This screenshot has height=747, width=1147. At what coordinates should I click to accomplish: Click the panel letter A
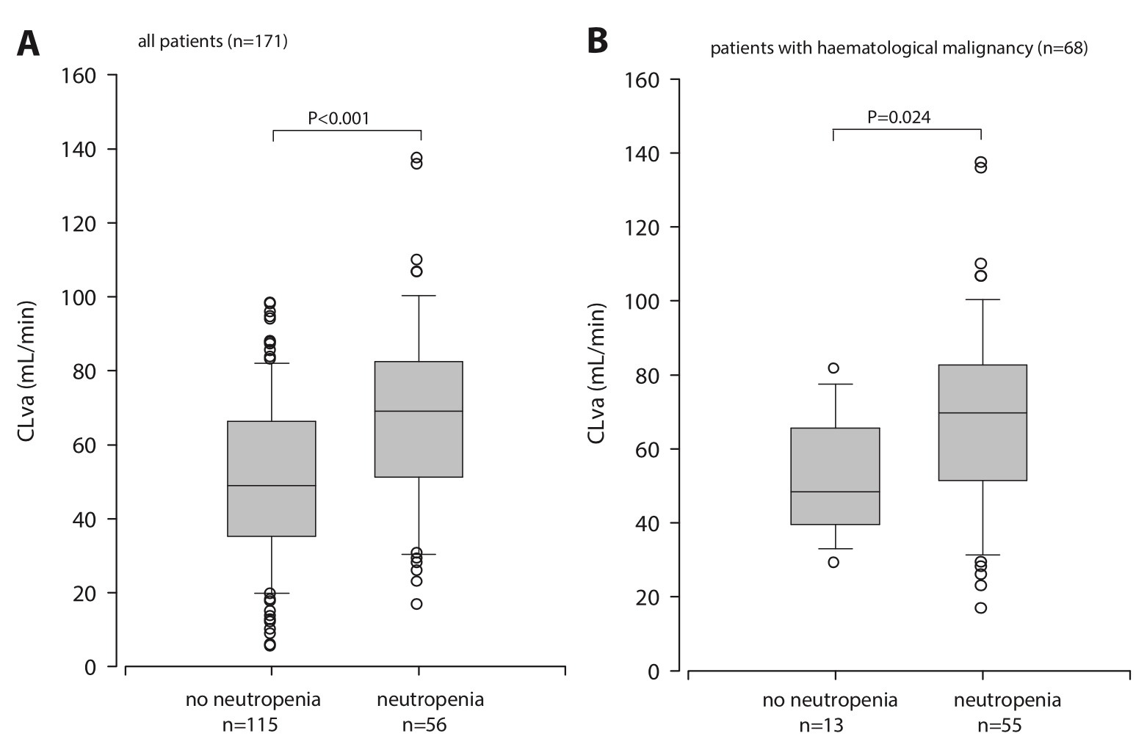tap(28, 44)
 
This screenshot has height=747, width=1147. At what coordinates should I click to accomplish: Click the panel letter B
tap(598, 41)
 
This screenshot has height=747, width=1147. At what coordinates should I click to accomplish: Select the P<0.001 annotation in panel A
tap(339, 117)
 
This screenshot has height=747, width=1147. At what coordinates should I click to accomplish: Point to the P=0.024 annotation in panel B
tap(900, 117)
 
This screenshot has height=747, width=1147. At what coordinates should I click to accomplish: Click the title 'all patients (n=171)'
tap(213, 42)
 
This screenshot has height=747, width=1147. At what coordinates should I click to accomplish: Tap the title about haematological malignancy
tap(899, 49)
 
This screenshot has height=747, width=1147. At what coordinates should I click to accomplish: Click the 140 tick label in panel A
tap(80, 150)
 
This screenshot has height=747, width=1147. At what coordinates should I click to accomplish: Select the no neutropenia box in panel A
tap(272, 478)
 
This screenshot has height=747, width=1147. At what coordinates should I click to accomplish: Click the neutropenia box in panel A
tap(419, 419)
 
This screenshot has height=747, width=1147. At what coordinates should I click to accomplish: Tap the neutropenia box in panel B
tap(983, 423)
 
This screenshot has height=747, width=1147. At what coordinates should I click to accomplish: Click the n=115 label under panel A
tap(250, 725)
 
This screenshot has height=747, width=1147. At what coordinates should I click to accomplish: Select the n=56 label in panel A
tap(424, 725)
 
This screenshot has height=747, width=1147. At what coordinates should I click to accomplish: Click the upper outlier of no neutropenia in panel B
tap(833, 368)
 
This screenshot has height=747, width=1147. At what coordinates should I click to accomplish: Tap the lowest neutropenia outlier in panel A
tap(416, 604)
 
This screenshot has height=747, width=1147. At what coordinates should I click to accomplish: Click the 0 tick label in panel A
tap(90, 667)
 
